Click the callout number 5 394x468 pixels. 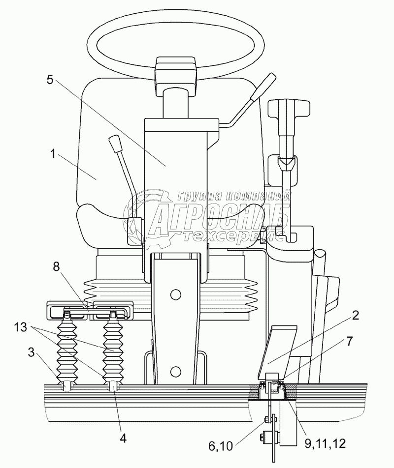click(50, 80)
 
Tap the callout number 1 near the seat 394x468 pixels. click(53, 154)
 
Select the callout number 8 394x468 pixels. click(57, 266)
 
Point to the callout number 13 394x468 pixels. click(20, 327)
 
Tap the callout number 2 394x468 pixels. click(355, 315)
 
